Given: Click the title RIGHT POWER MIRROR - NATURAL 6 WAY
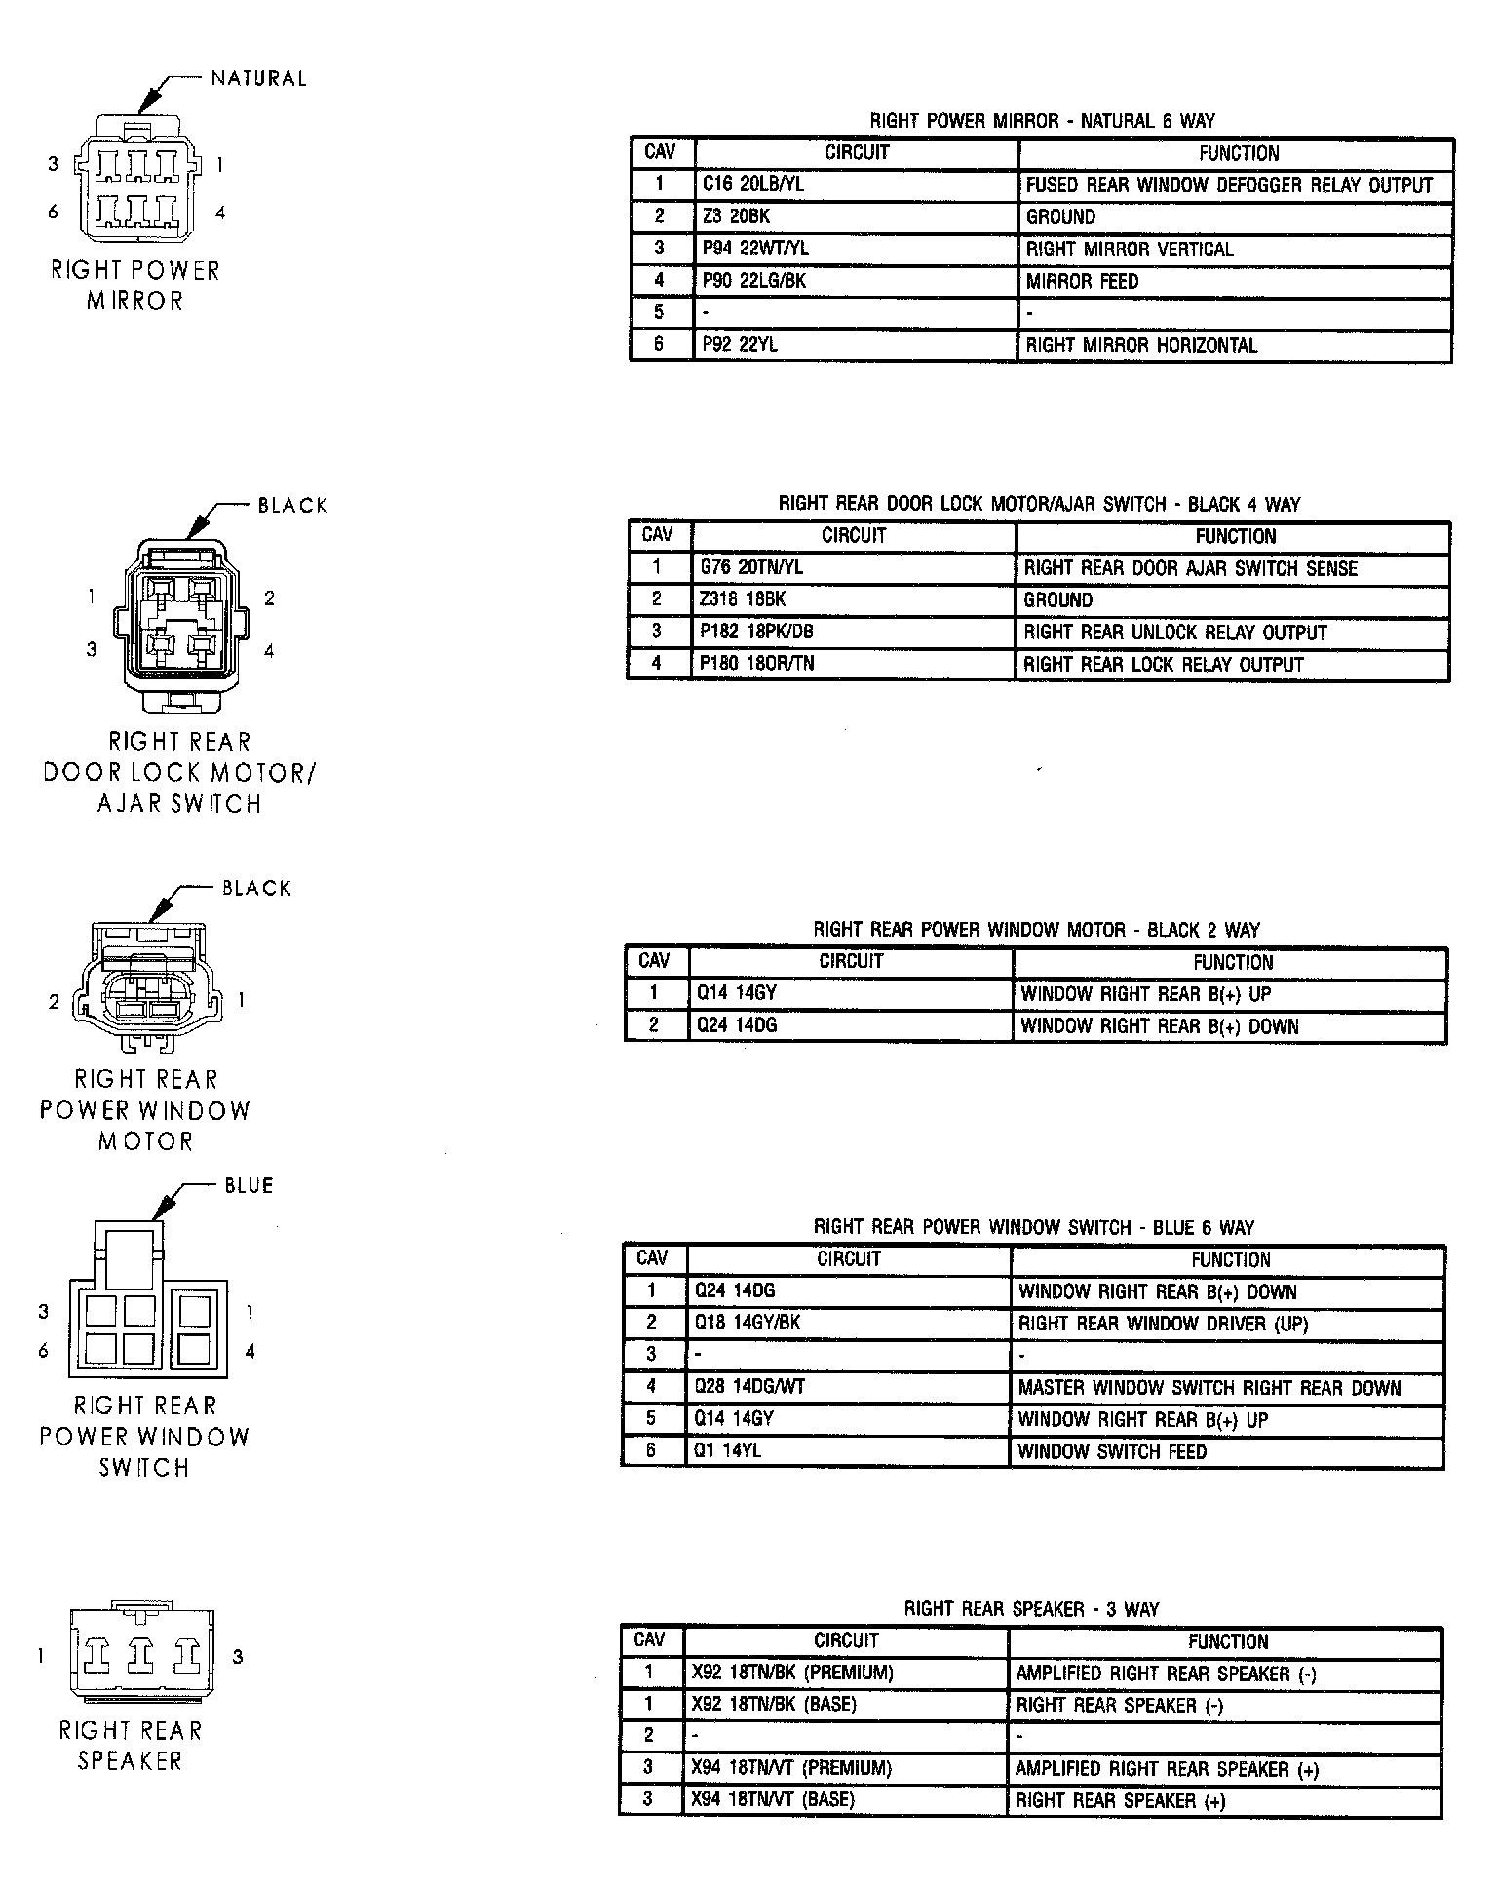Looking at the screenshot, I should [x=1042, y=121].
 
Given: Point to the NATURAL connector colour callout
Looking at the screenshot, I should [x=258, y=79].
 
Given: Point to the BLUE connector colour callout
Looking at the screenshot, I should [x=249, y=1186].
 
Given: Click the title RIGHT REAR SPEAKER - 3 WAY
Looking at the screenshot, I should [x=1031, y=1609].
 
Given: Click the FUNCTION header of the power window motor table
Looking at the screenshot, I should [x=1232, y=962].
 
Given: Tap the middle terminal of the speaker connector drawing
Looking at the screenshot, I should [x=142, y=1653].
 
